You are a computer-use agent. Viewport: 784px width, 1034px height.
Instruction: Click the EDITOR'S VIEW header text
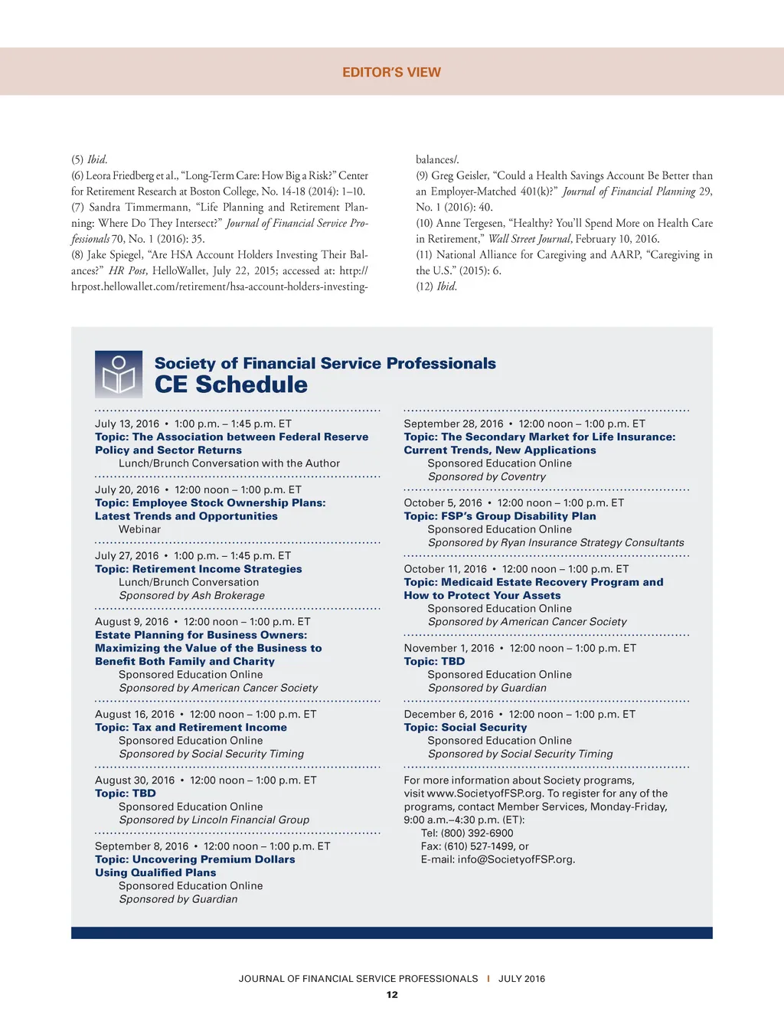point(391,72)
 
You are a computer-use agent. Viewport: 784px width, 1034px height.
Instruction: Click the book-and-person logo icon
point(119,375)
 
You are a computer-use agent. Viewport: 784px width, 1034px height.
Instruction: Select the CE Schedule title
point(230,384)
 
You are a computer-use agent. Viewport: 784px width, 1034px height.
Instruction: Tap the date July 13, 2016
point(127,424)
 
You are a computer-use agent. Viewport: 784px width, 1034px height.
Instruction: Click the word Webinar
point(139,529)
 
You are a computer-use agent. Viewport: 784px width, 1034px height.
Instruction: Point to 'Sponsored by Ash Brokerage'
point(191,595)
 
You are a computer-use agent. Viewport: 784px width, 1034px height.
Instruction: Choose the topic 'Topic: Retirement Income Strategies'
point(198,569)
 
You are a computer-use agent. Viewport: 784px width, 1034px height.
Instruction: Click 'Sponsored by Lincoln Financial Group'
point(214,820)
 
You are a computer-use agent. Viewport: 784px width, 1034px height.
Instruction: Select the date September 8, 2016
point(142,846)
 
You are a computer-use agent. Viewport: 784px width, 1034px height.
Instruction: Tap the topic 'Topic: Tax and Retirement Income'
point(191,728)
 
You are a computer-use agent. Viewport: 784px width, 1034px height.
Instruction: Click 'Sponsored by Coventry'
point(487,476)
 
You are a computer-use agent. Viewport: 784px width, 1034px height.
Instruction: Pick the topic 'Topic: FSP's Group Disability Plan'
point(500,516)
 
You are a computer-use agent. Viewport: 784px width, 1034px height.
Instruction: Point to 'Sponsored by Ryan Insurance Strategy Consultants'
point(556,542)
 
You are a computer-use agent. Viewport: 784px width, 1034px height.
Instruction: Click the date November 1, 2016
point(449,648)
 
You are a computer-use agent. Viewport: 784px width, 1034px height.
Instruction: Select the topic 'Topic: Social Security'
point(465,728)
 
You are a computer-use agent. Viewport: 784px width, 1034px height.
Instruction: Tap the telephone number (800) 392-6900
point(477,833)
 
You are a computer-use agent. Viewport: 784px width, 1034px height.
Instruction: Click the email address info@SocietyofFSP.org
point(516,859)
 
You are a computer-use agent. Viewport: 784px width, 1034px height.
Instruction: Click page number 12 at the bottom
point(392,995)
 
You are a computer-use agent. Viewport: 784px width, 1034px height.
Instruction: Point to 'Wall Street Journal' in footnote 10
point(530,239)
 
